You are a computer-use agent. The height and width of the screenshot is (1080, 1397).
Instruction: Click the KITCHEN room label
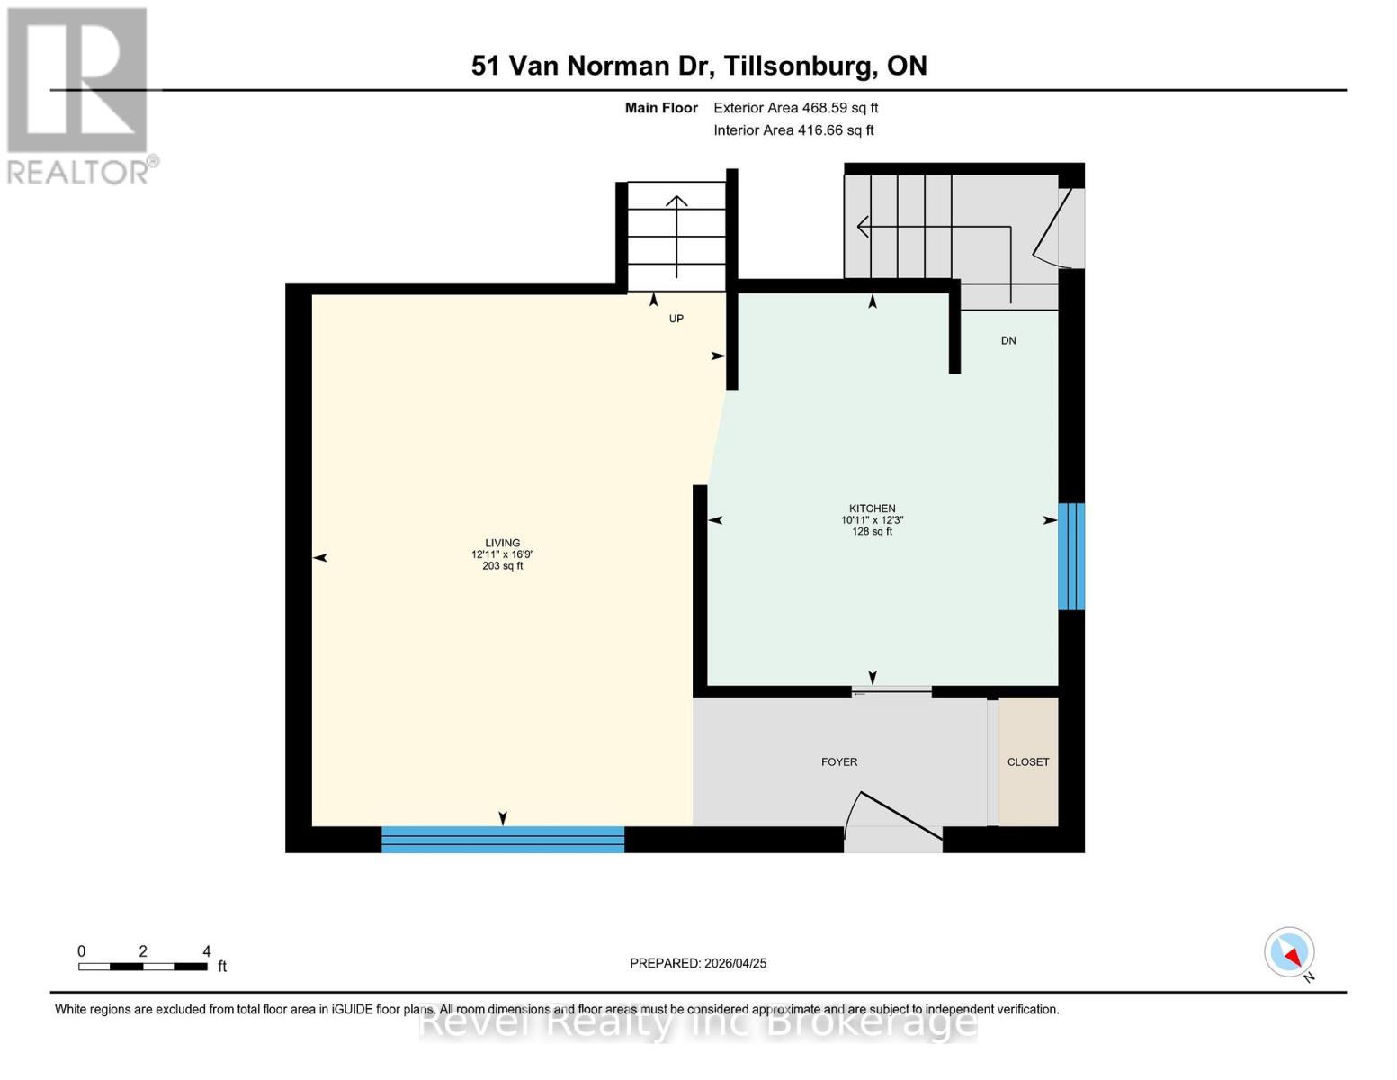pyautogui.click(x=872, y=508)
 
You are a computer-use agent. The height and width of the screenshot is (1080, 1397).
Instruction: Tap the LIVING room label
pyautogui.click(x=502, y=543)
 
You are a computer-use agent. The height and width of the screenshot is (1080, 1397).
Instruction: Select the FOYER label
pyautogui.click(x=838, y=762)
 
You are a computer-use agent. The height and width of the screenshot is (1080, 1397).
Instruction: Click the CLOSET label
pyautogui.click(x=1027, y=762)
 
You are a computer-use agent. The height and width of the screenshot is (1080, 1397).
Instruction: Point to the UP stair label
pyautogui.click(x=676, y=319)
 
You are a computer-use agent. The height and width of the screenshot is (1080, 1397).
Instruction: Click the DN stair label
pyautogui.click(x=1008, y=340)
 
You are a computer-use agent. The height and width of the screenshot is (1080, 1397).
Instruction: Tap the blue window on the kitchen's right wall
pyautogui.click(x=1070, y=556)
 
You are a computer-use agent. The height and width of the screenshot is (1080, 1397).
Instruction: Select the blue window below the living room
pyautogui.click(x=502, y=840)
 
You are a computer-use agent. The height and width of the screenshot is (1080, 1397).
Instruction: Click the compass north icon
pyautogui.click(x=1290, y=952)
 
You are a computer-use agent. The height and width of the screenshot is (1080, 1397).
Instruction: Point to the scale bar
pyautogui.click(x=143, y=967)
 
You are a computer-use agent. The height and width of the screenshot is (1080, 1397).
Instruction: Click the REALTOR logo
pyautogui.click(x=79, y=94)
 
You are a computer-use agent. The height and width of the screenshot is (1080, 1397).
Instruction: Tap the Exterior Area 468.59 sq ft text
pyautogui.click(x=795, y=108)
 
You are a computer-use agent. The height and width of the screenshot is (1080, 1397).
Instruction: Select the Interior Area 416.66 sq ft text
pyautogui.click(x=793, y=130)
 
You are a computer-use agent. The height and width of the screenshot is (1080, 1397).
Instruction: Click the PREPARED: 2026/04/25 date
pyautogui.click(x=698, y=963)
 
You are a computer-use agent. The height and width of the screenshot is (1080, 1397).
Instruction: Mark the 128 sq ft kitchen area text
pyautogui.click(x=872, y=532)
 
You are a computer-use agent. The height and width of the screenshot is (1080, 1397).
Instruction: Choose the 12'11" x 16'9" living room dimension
pyautogui.click(x=502, y=554)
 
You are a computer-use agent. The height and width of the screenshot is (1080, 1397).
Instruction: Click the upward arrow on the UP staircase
pyautogui.click(x=676, y=234)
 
